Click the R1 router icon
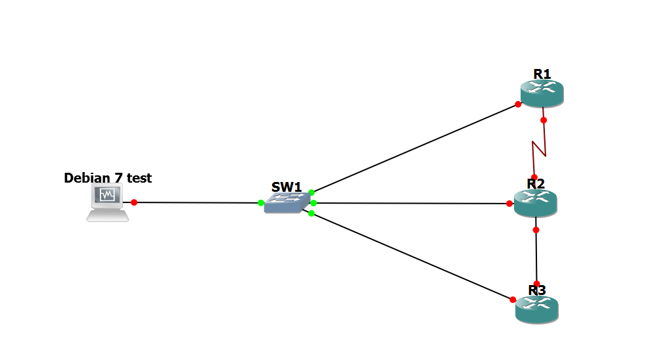[x=542, y=93]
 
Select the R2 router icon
[x=536, y=204]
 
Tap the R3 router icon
[x=537, y=308]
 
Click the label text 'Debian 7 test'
[x=108, y=177]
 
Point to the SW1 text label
[x=287, y=187]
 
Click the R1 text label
[x=542, y=74]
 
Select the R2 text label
[x=536, y=183]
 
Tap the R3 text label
[x=537, y=290]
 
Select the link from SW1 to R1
[x=414, y=148]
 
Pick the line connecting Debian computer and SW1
[x=197, y=202]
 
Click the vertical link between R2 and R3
[x=536, y=256]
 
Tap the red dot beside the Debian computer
[x=134, y=202]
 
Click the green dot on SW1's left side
[x=261, y=203]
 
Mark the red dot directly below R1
[x=544, y=120]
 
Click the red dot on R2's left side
[x=509, y=204]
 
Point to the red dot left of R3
[x=513, y=300]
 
